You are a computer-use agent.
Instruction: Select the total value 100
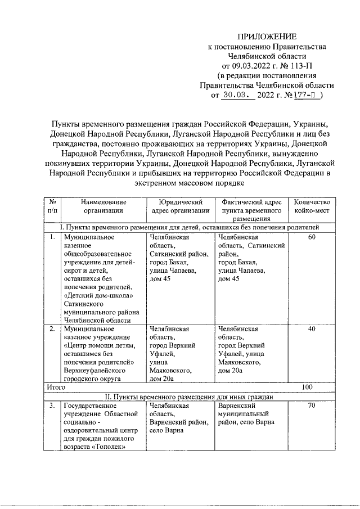[x=307, y=388]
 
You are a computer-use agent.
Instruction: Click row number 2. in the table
[x=52, y=329]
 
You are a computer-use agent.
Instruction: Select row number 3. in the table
[x=52, y=405]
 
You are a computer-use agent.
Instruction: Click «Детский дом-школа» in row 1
[x=98, y=296]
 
